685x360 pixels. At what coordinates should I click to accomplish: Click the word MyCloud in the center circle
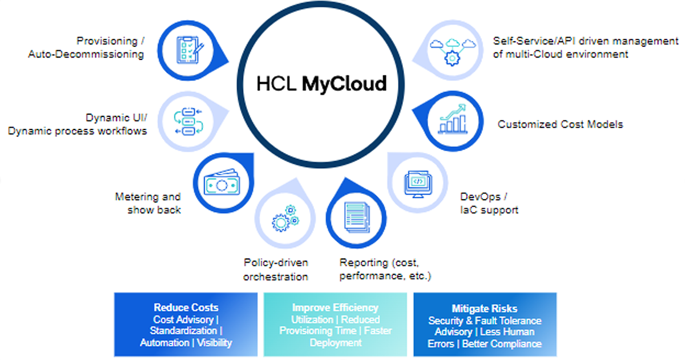click(x=344, y=83)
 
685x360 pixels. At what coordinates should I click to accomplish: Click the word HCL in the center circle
click(x=276, y=83)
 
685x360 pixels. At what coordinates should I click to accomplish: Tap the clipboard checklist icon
click(x=190, y=50)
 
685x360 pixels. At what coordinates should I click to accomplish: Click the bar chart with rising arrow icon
click(x=453, y=119)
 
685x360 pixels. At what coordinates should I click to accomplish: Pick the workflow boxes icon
click(x=188, y=122)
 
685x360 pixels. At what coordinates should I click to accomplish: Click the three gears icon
click(x=285, y=219)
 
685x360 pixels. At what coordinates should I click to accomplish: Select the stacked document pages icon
click(x=357, y=217)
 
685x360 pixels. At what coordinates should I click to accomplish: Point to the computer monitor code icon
click(x=418, y=184)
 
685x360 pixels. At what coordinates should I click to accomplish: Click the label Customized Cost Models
click(x=560, y=124)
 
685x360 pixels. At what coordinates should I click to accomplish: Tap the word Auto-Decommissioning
click(x=86, y=54)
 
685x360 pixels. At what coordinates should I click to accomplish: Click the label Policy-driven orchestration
click(x=276, y=269)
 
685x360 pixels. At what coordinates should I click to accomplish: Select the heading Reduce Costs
click(x=186, y=308)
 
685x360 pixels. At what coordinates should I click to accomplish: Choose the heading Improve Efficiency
click(x=335, y=308)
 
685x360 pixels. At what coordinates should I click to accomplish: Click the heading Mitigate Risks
click(x=485, y=309)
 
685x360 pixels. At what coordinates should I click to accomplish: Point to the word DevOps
click(x=481, y=197)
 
